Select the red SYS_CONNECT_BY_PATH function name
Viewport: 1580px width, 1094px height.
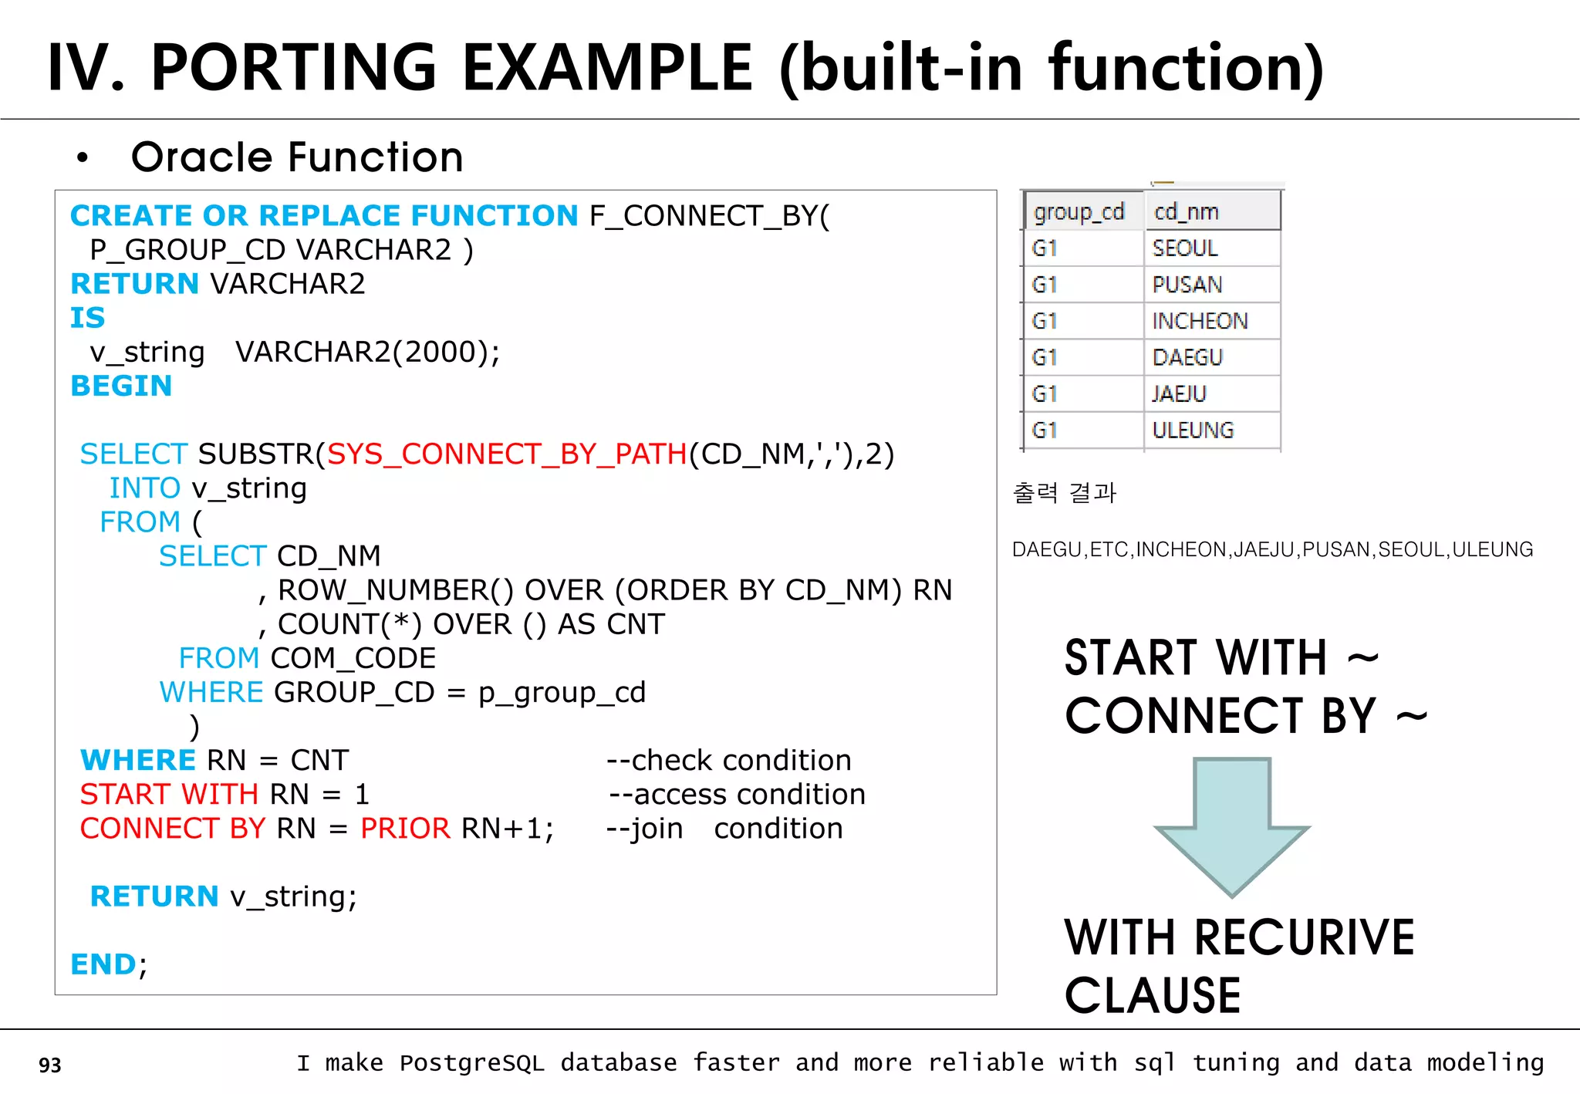507,454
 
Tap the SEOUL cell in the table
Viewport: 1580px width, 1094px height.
1185,248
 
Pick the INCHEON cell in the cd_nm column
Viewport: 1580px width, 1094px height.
1200,321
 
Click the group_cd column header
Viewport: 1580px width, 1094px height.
1079,212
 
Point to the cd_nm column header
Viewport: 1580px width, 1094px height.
1187,212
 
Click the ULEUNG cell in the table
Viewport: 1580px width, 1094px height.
1193,431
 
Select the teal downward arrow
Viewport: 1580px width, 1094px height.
1231,826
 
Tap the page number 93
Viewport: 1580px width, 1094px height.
50,1065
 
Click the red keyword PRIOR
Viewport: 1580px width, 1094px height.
405,829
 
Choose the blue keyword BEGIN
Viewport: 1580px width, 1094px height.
121,386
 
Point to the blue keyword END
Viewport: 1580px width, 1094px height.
103,964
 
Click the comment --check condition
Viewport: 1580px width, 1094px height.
728,761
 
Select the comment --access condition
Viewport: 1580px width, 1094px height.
737,795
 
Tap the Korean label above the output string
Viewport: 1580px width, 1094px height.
1064,492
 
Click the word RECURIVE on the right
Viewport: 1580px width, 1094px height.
1304,938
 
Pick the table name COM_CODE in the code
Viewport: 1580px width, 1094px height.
353,659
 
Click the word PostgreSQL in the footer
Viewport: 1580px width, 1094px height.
471,1063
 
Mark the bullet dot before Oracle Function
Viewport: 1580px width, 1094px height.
83,158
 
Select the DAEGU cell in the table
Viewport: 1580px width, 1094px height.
1187,358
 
